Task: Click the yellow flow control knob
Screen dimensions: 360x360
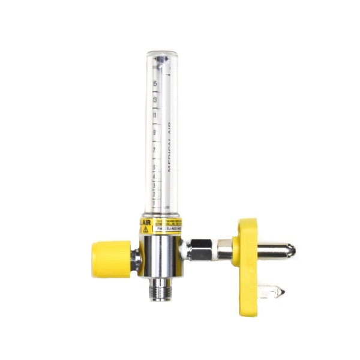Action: click(x=111, y=259)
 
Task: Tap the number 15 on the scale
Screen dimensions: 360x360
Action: click(x=155, y=83)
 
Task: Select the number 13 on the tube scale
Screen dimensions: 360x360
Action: click(x=155, y=100)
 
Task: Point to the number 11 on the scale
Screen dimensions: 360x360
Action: click(x=155, y=115)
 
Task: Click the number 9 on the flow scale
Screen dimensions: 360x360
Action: click(x=155, y=132)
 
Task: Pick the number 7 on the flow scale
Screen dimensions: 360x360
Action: click(x=155, y=149)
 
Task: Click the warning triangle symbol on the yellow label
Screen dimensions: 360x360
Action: click(x=145, y=229)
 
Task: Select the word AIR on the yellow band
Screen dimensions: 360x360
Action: click(x=145, y=221)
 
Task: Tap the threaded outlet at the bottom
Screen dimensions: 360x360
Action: click(x=160, y=290)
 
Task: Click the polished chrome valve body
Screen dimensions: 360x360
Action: click(x=160, y=255)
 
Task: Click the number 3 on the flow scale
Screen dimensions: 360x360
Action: click(x=155, y=182)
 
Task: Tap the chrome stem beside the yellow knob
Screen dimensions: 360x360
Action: click(x=137, y=258)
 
